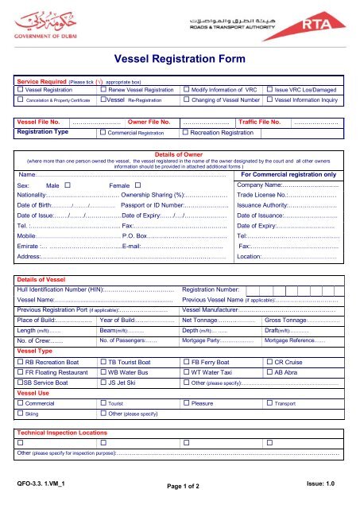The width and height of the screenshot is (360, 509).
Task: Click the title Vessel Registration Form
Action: click(180, 58)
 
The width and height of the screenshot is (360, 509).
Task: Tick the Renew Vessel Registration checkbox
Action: click(101, 91)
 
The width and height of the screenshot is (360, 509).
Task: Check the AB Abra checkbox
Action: click(269, 371)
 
